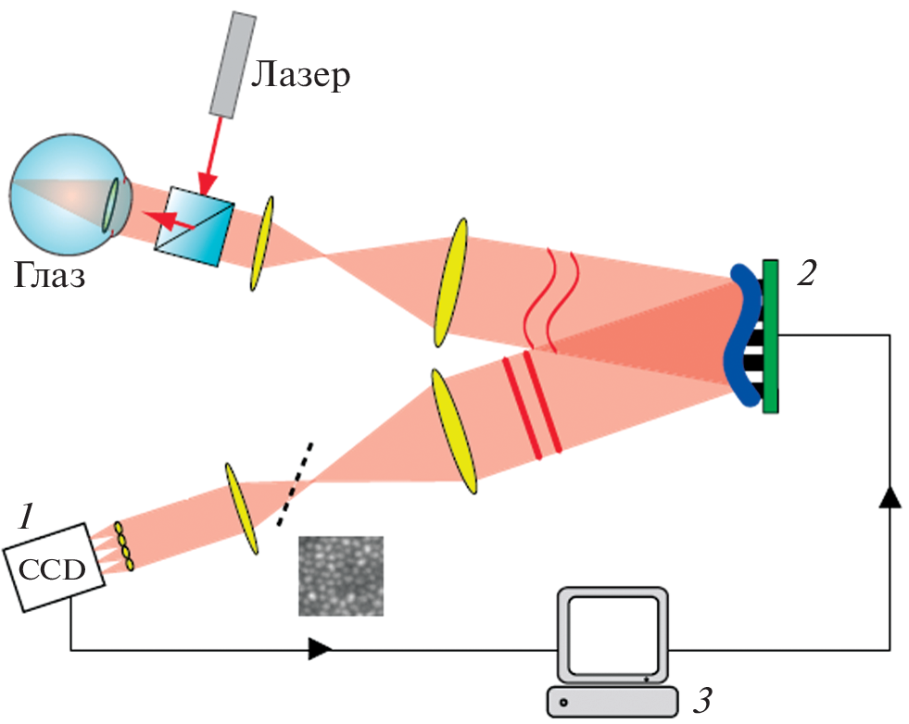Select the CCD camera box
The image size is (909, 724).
[x=55, y=566]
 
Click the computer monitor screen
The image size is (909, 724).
[x=612, y=637]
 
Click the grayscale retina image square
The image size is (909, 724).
[x=340, y=575]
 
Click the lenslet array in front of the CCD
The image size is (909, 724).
[x=124, y=546]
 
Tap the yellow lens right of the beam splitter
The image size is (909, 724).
[x=261, y=243]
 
